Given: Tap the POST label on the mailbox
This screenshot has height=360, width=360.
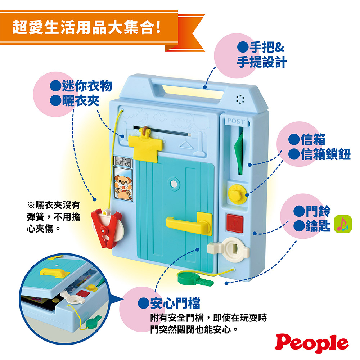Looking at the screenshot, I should tap(236, 122).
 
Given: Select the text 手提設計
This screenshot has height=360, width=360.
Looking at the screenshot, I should tap(262, 62).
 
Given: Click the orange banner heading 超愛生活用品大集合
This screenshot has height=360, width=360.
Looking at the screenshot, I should tap(86, 27).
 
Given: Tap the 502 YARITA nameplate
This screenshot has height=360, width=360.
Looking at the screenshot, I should tap(122, 161).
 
